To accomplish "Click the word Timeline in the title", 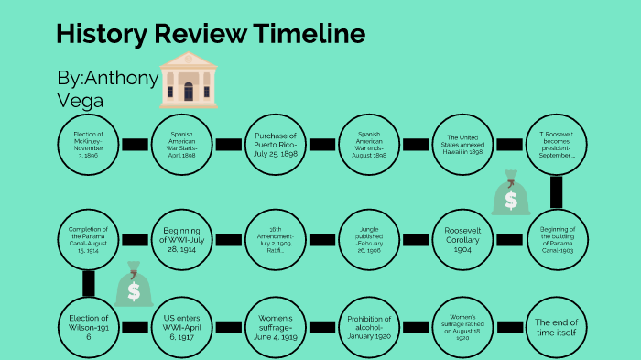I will coord(311,35).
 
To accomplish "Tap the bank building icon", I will coord(189,80).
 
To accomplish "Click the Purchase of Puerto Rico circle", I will coord(277,144).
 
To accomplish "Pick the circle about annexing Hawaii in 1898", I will coord(464,144).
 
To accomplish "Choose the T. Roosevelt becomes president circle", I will coord(557,144).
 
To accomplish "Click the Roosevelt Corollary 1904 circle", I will coord(464,239).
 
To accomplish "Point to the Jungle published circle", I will coord(370,239).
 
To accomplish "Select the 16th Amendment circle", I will coord(277,239).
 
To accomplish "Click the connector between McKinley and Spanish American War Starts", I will coord(136,144).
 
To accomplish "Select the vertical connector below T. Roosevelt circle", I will coord(557,191).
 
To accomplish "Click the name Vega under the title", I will coord(80,100).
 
